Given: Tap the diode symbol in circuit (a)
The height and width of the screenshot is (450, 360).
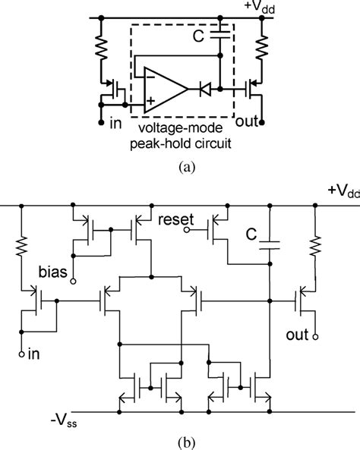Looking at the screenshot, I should click(204, 90).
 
